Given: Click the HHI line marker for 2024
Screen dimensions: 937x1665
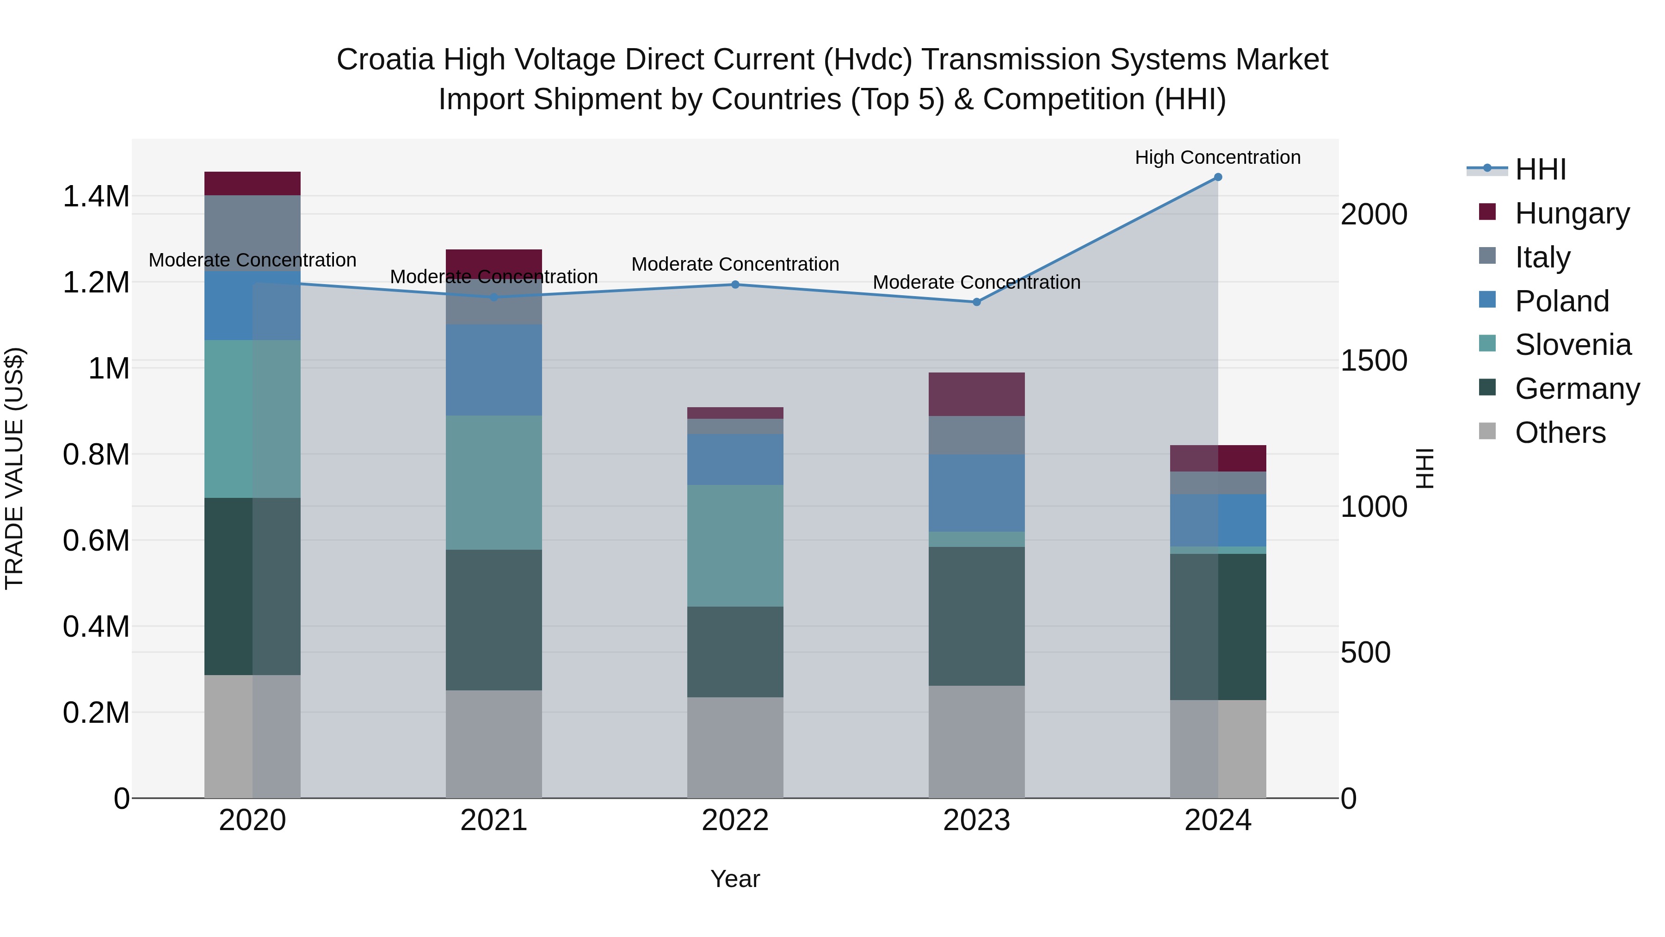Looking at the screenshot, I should pos(1218,177).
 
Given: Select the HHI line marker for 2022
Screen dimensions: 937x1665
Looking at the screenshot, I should pos(735,285).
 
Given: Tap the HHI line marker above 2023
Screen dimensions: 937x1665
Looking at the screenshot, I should pos(977,302).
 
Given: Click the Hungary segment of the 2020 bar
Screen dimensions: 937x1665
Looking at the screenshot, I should pos(252,184).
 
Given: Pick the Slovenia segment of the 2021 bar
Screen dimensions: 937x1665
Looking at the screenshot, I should pos(494,483).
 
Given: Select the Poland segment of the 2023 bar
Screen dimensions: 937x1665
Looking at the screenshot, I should pos(977,493).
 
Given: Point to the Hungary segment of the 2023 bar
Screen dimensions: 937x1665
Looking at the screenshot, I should pos(977,394).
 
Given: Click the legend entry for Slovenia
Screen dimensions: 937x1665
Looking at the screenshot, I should pos(1572,345).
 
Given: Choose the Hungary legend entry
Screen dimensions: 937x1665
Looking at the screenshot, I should pos(1571,213).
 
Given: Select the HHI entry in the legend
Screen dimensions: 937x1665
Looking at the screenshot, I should pos(1540,169).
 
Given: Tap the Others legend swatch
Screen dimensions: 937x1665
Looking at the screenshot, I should pos(1487,431).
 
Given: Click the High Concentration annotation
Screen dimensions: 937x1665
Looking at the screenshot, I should pos(1218,157).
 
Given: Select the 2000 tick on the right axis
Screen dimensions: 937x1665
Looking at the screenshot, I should pos(1374,214).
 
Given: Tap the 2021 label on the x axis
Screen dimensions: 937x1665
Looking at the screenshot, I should pos(494,820).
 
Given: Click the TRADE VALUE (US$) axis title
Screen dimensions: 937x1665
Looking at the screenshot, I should pos(14,468).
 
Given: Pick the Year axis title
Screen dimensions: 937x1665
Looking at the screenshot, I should pos(735,879).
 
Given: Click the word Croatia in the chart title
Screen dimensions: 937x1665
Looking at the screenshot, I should pos(385,60).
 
